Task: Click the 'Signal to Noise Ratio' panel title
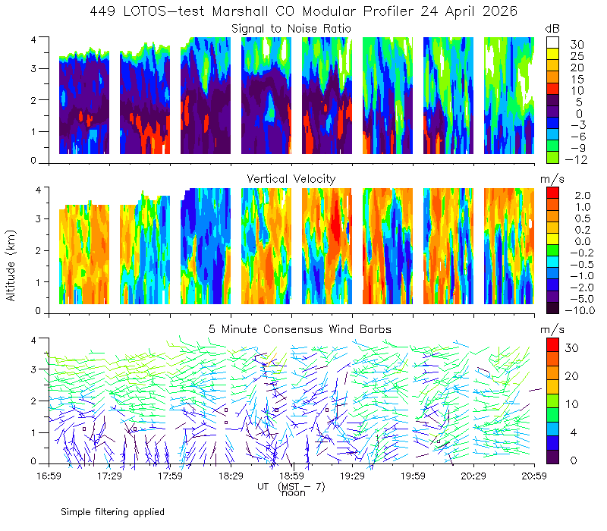(x=291, y=29)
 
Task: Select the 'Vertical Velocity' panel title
(x=291, y=179)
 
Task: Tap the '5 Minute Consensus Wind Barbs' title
(x=300, y=329)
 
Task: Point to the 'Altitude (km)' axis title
(x=11, y=265)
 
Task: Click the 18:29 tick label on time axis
(x=231, y=476)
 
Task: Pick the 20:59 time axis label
(x=534, y=476)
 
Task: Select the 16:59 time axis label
(x=49, y=476)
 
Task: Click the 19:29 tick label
(x=352, y=476)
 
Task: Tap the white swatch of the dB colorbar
(x=553, y=42)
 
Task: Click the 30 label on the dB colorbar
(x=577, y=45)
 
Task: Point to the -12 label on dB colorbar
(x=576, y=159)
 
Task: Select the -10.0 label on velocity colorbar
(x=580, y=310)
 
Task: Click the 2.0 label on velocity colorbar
(x=583, y=196)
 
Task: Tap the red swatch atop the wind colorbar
(x=553, y=345)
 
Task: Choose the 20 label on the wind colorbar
(x=572, y=376)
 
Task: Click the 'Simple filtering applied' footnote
(x=112, y=512)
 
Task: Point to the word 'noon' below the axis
(x=294, y=493)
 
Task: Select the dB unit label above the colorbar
(x=552, y=29)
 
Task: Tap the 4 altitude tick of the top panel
(x=33, y=39)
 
